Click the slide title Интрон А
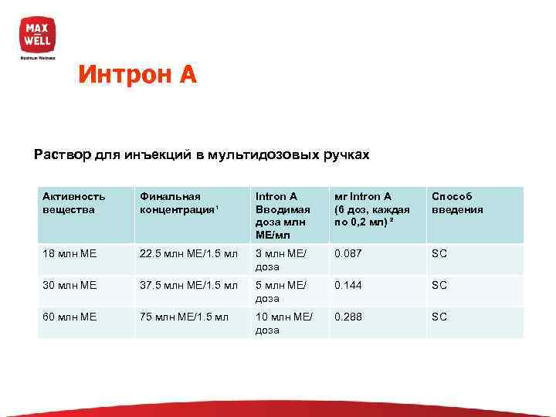click(x=137, y=74)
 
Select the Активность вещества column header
click(x=74, y=203)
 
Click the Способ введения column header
click(x=457, y=203)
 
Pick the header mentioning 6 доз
click(x=371, y=209)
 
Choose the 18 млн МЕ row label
click(x=69, y=254)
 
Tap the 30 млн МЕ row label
click(x=69, y=286)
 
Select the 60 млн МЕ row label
click(x=69, y=317)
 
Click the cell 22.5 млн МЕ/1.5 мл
click(x=184, y=254)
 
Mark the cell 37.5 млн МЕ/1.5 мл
click(x=184, y=286)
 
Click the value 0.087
click(x=349, y=254)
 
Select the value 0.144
click(x=349, y=286)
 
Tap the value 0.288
click(x=349, y=317)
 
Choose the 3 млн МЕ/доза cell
click(x=280, y=260)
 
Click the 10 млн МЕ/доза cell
click(x=283, y=324)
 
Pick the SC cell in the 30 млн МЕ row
click(x=439, y=286)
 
